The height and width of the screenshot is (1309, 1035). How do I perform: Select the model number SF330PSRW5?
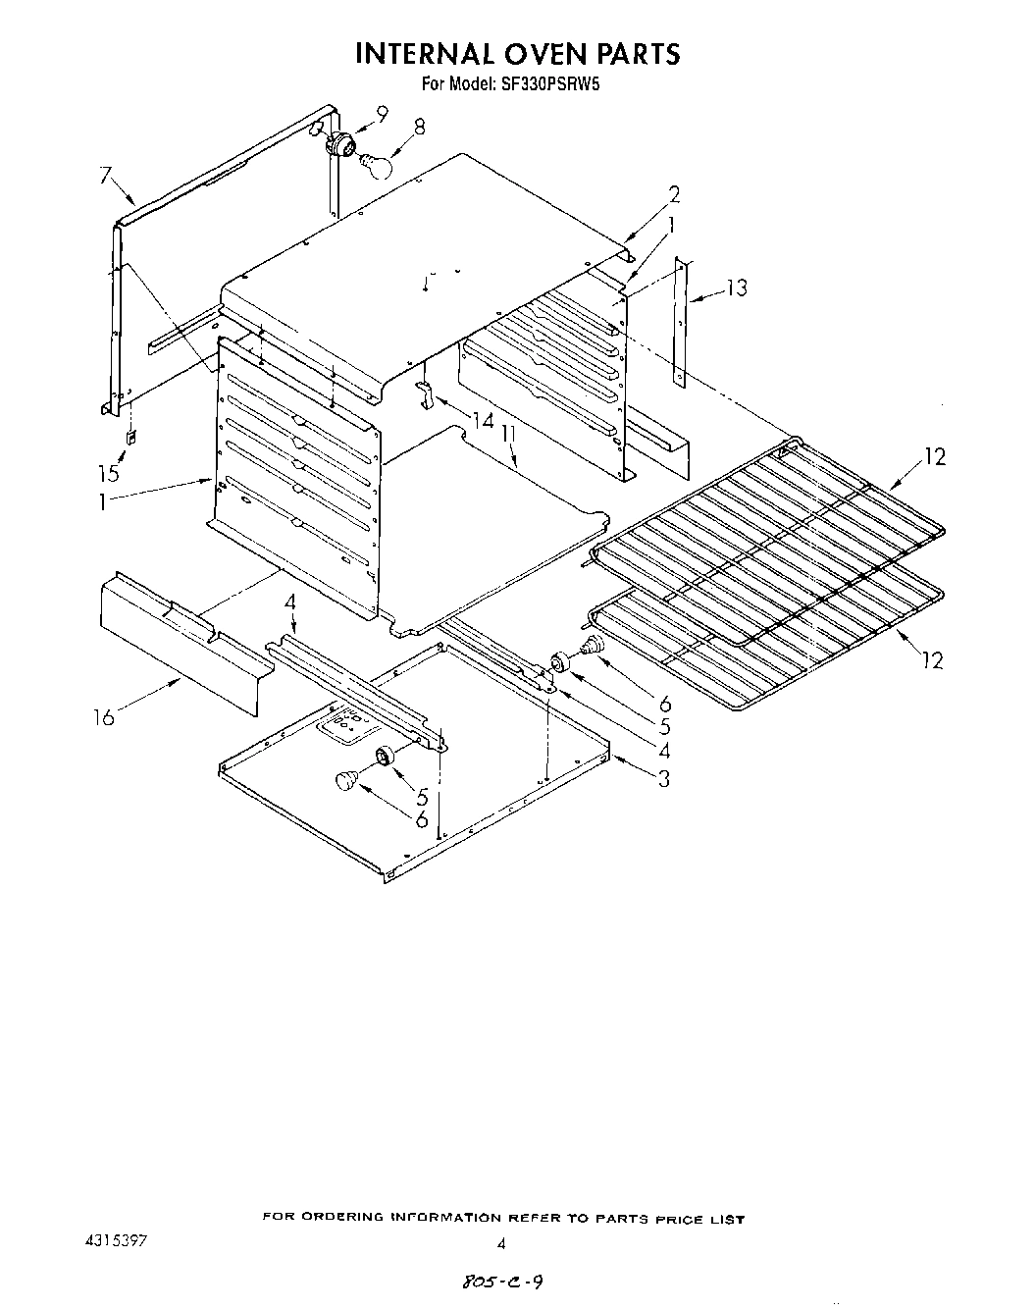click(x=550, y=84)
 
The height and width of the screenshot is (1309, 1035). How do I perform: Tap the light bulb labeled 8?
click(x=376, y=164)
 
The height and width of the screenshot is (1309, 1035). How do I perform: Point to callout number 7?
click(x=106, y=177)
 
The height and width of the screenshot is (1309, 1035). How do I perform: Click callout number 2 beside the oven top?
click(x=674, y=194)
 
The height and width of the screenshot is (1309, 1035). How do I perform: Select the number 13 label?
click(x=737, y=288)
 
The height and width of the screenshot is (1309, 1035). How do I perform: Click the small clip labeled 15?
click(x=129, y=436)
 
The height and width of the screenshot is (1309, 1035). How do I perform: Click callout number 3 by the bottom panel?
click(x=664, y=779)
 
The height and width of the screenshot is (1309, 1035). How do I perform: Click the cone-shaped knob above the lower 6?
click(x=344, y=780)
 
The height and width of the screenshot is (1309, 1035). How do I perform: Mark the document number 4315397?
click(x=119, y=1241)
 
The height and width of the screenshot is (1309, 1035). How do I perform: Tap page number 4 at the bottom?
click(x=501, y=1243)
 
